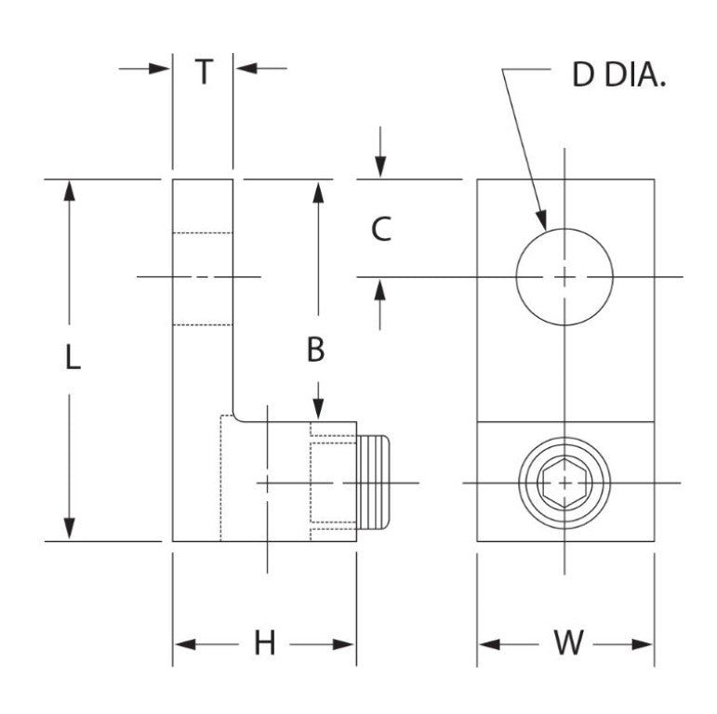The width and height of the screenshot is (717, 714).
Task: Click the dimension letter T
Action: pos(203,72)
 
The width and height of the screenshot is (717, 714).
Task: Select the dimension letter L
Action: pos(72,358)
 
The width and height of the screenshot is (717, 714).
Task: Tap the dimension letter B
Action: pos(317,350)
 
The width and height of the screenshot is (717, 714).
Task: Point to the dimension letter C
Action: pos(380,229)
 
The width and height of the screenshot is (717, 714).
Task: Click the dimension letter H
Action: pos(265,643)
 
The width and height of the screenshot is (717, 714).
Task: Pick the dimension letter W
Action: pos(567,643)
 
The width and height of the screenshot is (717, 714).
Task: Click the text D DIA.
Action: pos(618,76)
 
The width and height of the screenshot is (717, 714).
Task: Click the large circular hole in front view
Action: pos(564,277)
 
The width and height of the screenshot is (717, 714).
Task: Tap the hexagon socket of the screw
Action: pos(564,483)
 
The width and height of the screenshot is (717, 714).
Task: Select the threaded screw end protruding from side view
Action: pos(374,483)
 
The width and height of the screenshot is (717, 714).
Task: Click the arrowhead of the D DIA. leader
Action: pos(541,221)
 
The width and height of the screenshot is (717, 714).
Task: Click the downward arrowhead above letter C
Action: pos(379,168)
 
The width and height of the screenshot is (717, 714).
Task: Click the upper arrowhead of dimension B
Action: pos(318,191)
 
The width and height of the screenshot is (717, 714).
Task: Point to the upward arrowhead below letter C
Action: pos(379,288)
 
